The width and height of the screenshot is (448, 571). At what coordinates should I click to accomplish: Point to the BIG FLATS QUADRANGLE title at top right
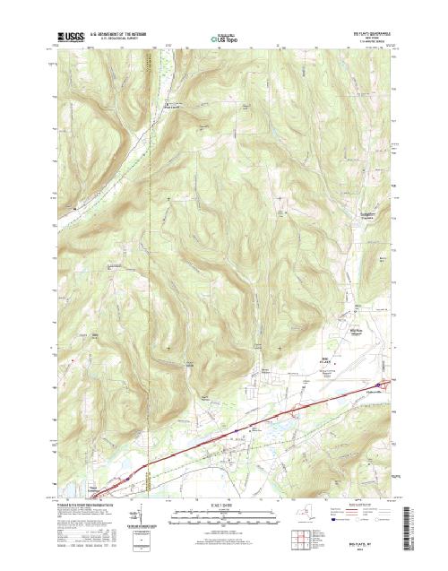(x=372, y=32)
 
